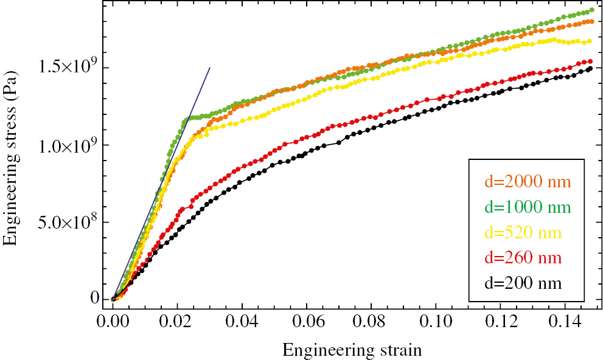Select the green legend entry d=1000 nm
coord(527,207)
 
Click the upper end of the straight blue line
coord(210,67)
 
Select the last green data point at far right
coord(591,10)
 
